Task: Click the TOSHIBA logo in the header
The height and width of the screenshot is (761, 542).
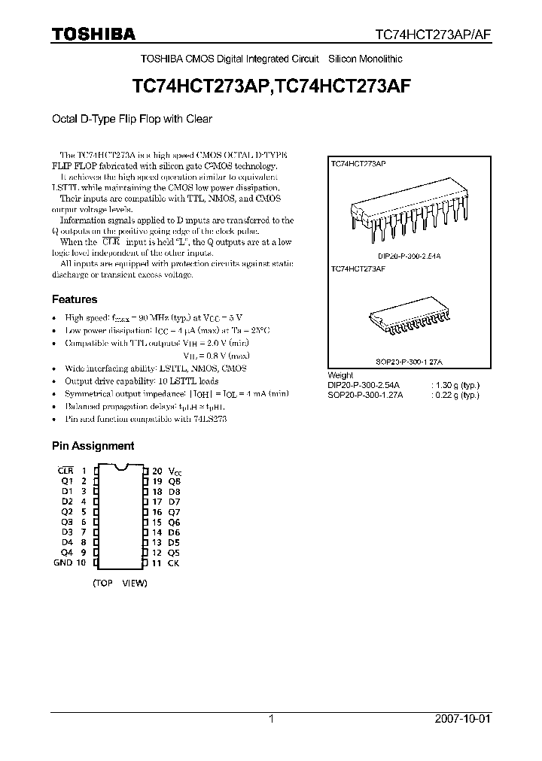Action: click(x=93, y=34)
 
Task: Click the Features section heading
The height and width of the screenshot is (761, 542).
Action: click(x=75, y=299)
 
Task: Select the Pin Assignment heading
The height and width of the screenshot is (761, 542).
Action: click(x=93, y=446)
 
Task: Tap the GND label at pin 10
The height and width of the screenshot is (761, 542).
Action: click(x=63, y=562)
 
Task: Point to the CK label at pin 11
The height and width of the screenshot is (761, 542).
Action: click(x=173, y=562)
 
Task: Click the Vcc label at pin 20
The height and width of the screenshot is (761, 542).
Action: click(x=175, y=470)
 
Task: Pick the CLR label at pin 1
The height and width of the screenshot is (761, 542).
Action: click(x=65, y=470)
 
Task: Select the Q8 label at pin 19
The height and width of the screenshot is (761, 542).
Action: click(x=174, y=481)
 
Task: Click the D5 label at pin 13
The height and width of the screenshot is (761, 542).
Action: click(x=174, y=542)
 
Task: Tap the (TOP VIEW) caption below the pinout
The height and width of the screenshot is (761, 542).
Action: click(x=120, y=583)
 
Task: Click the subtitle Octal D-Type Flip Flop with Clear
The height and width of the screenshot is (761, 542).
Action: click(x=132, y=119)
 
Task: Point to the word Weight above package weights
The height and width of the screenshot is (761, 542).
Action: click(x=341, y=375)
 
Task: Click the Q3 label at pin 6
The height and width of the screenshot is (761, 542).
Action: click(x=66, y=522)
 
